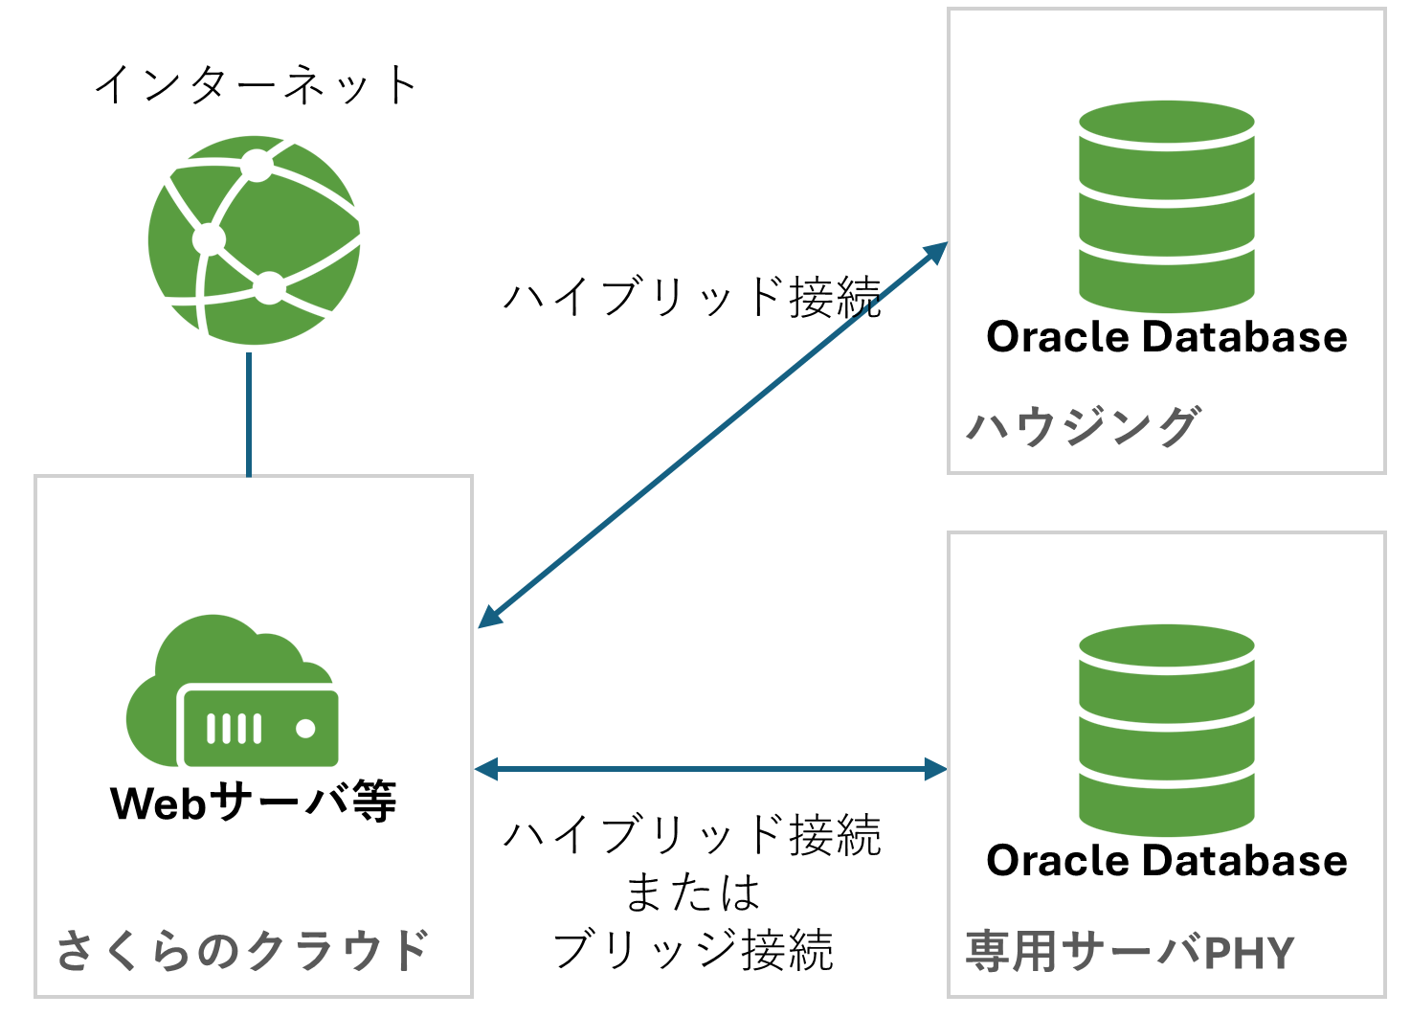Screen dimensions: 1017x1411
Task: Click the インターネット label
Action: [x=256, y=85]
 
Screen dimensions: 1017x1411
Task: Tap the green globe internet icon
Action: [x=255, y=239]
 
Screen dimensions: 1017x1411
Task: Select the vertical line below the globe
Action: [x=249, y=414]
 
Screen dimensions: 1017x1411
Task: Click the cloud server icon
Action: [x=233, y=691]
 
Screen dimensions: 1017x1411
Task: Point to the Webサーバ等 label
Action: [x=254, y=802]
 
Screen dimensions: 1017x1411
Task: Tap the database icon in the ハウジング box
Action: [x=1166, y=206]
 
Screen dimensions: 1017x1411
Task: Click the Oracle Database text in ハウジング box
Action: [x=1166, y=337]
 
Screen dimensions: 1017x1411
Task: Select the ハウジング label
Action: [x=1083, y=426]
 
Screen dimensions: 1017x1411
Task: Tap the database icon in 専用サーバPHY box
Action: [x=1166, y=730]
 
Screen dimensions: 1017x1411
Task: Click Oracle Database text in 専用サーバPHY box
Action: [x=1166, y=861]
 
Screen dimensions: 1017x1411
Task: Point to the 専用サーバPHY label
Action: [x=1130, y=952]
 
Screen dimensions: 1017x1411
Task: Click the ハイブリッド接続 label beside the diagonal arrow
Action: [x=691, y=297]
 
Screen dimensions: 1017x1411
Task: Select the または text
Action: [x=692, y=893]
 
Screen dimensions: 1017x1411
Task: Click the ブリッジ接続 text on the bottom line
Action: [x=692, y=951]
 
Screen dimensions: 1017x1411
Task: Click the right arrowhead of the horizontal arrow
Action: [x=934, y=768]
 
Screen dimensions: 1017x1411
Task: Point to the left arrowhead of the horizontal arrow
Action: [x=487, y=768]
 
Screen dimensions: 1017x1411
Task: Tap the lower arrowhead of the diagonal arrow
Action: [x=489, y=617]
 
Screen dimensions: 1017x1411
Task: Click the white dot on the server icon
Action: [x=306, y=729]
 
